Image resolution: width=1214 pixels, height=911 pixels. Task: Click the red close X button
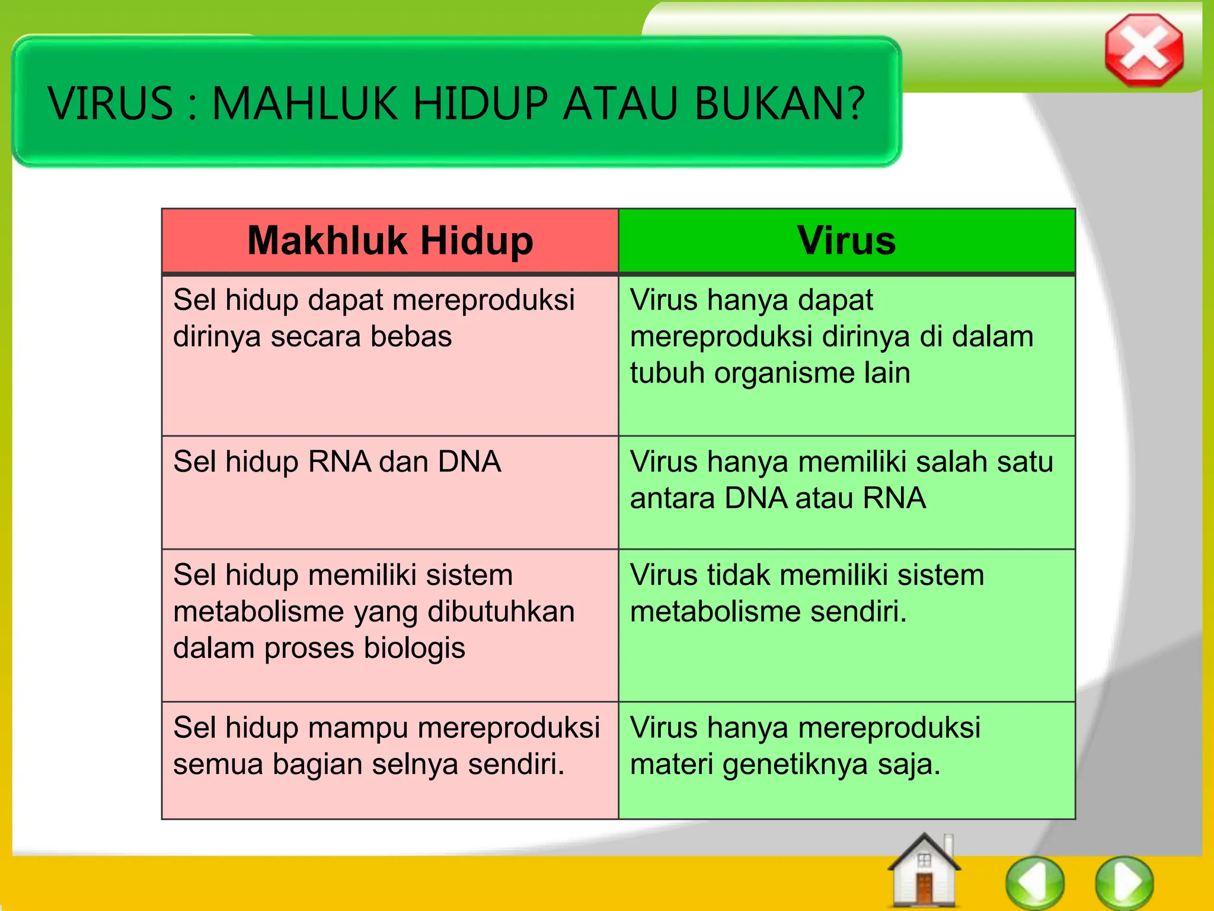(x=1144, y=50)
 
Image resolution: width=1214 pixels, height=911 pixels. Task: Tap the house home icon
(x=924, y=871)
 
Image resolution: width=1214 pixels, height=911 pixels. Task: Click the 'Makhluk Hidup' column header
(x=390, y=241)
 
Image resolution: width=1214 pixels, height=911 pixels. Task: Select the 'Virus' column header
(x=846, y=241)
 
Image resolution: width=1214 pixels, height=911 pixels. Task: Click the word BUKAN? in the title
(x=780, y=104)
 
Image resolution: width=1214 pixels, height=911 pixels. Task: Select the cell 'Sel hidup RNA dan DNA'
(x=337, y=461)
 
